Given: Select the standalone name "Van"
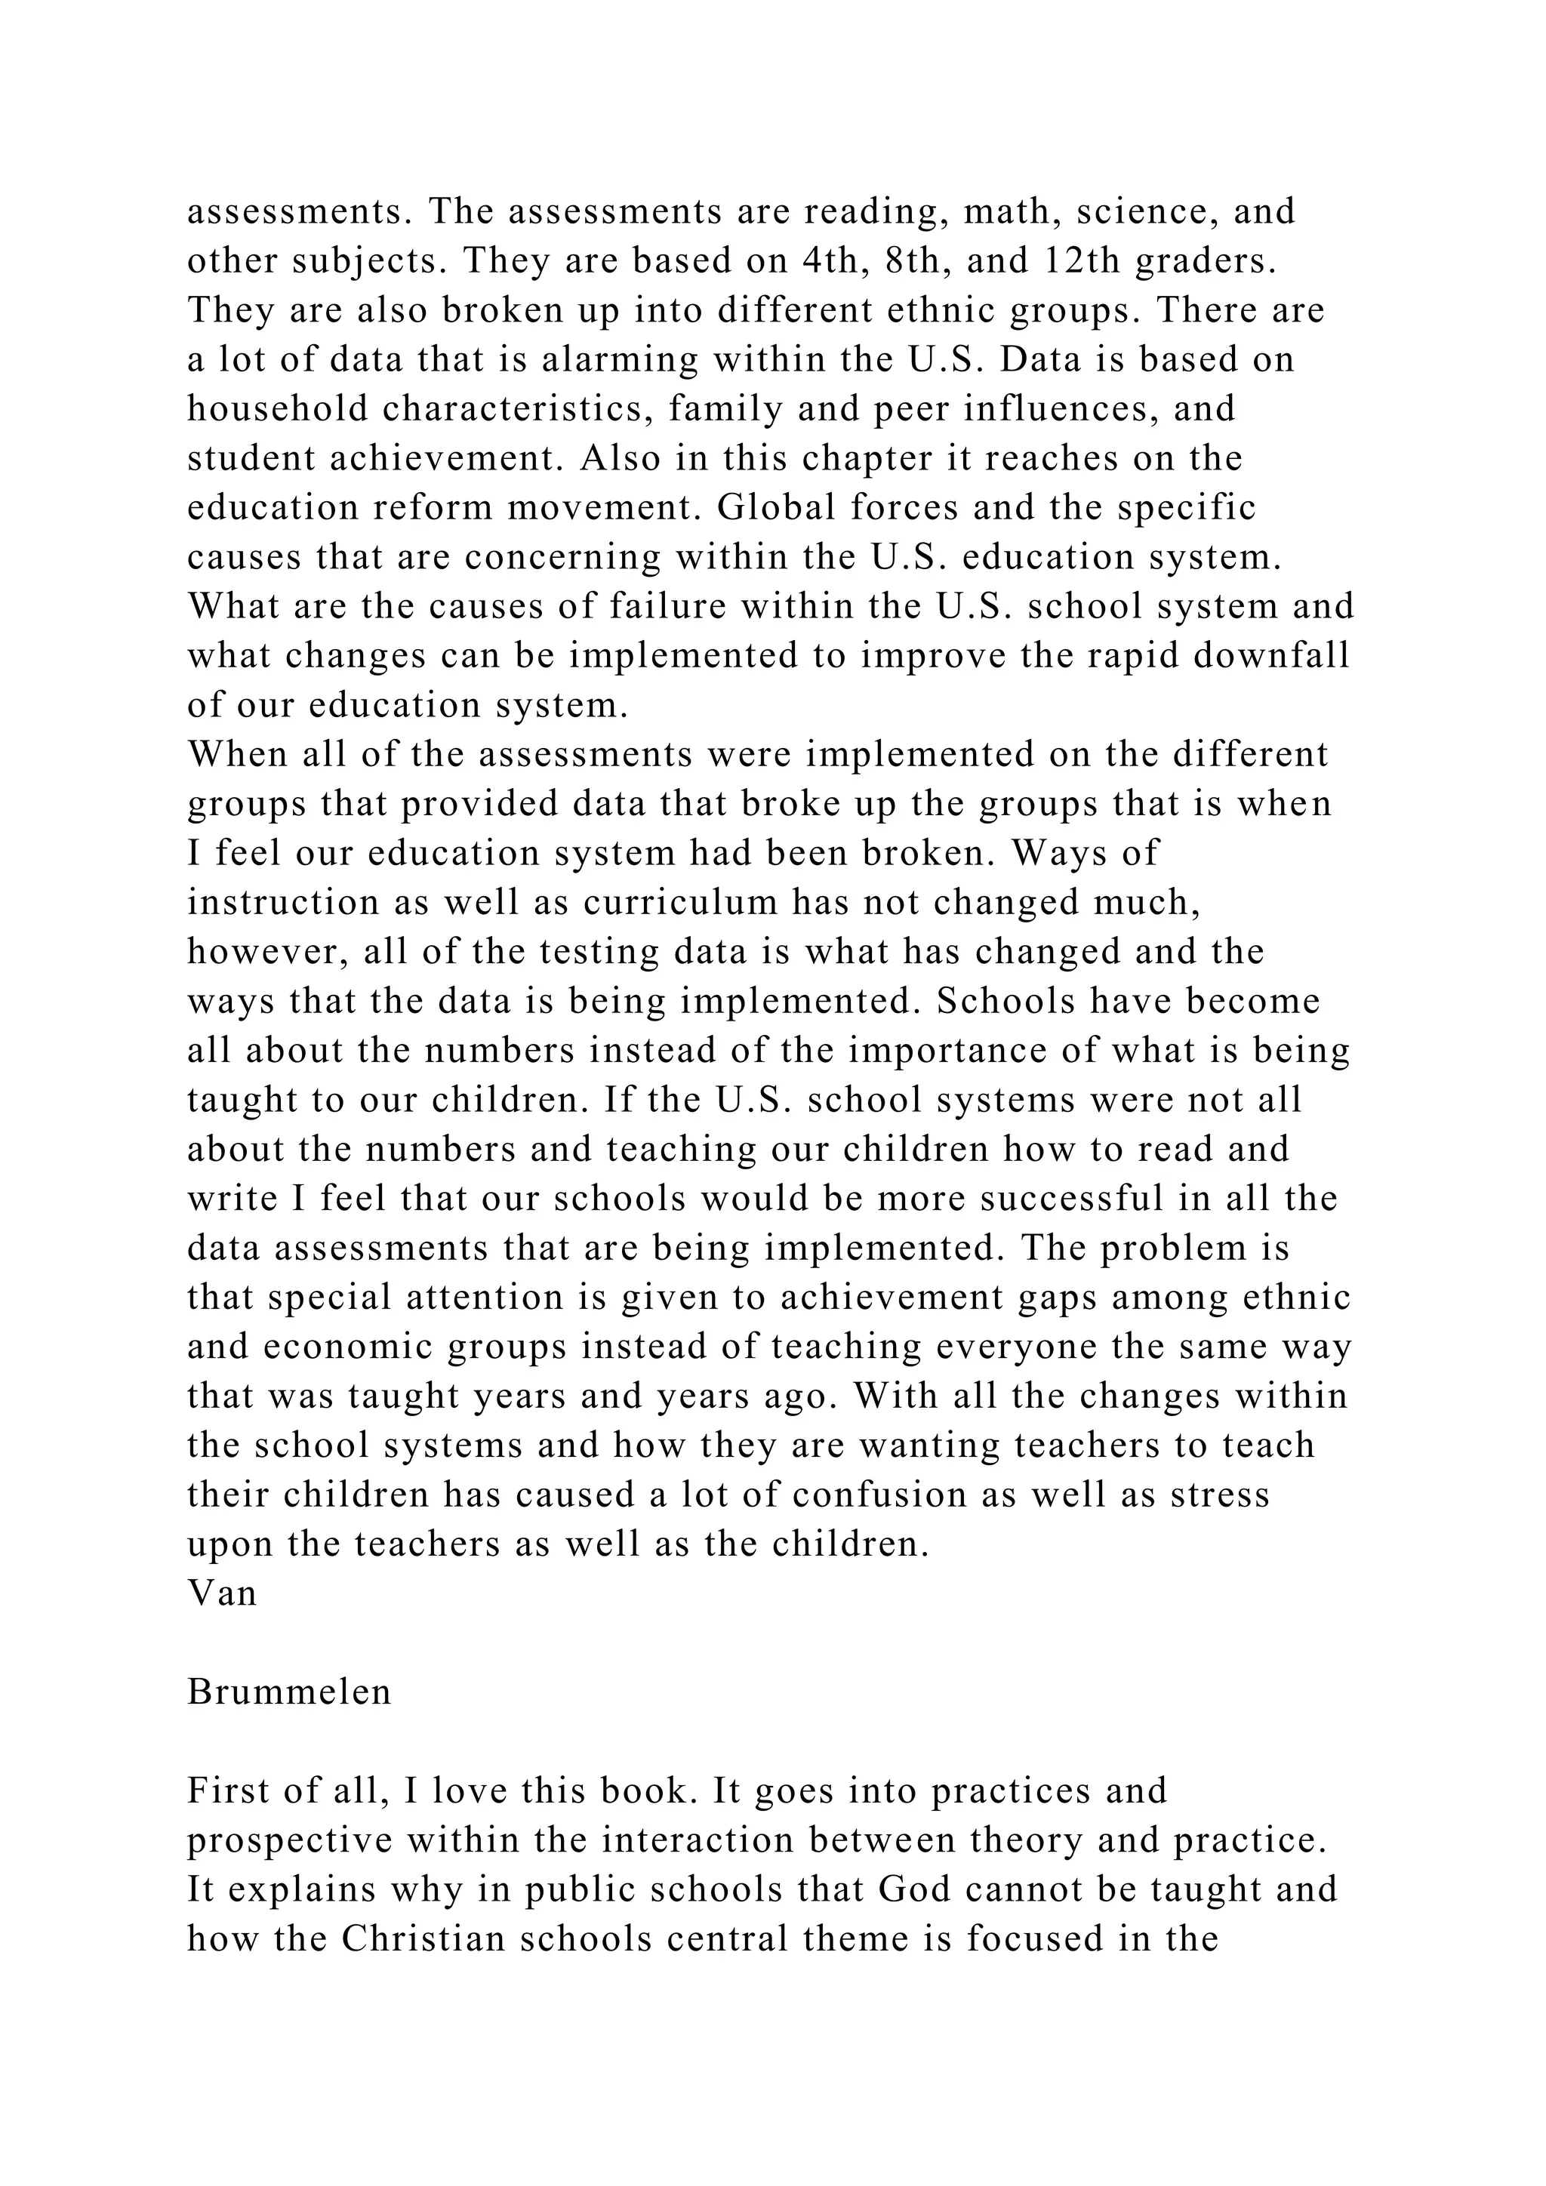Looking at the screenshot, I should tap(222, 1593).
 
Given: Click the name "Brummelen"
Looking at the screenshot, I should tap(289, 1692).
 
